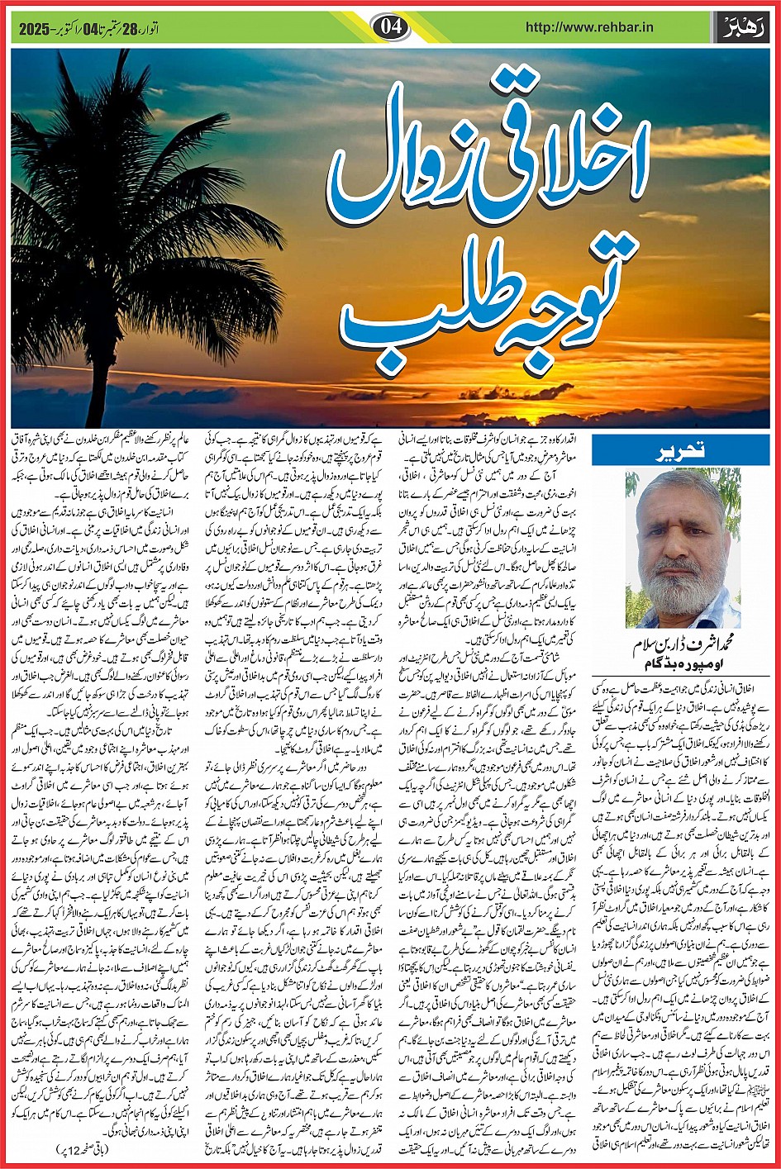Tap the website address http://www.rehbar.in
tap(579, 27)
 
